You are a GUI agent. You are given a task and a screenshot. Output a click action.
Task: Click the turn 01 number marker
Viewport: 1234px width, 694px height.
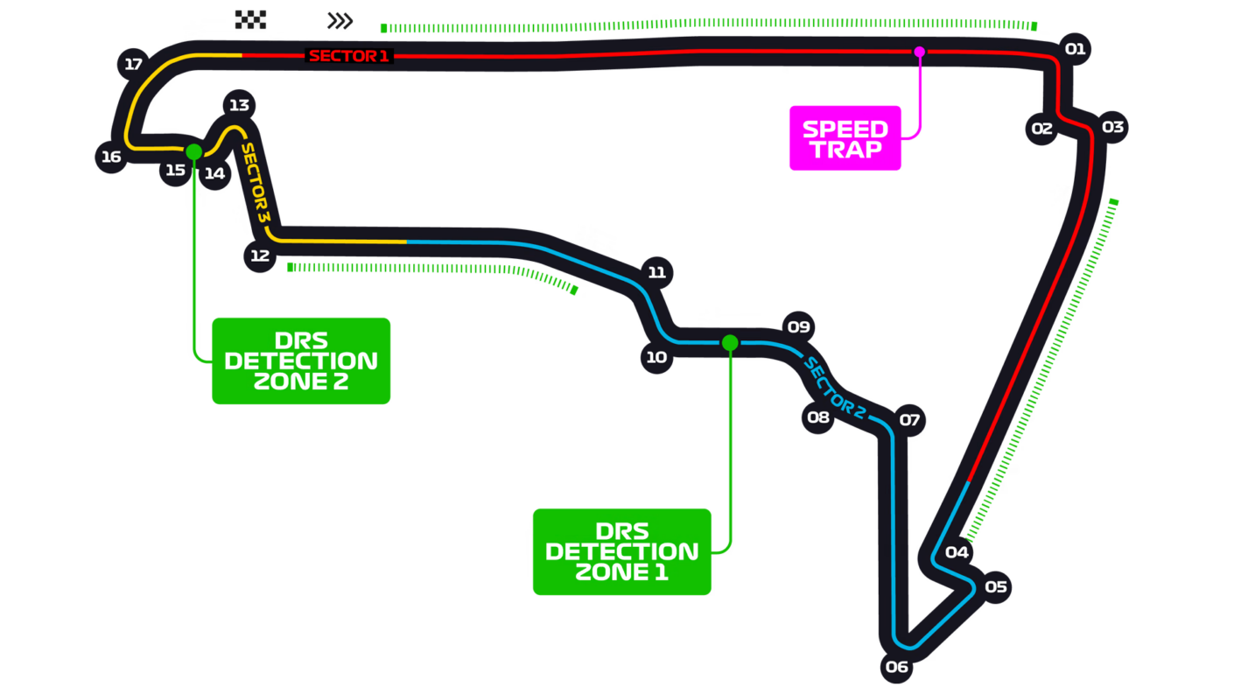[x=1075, y=49]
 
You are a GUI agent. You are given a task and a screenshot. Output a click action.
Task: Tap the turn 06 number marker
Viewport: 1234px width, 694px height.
[x=897, y=667]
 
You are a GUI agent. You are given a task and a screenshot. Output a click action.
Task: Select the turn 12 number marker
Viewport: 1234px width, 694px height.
[x=260, y=256]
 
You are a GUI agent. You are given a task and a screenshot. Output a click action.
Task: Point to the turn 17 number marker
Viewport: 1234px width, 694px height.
[x=133, y=65]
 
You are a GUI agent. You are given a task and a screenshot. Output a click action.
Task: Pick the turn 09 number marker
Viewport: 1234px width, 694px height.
[x=798, y=327]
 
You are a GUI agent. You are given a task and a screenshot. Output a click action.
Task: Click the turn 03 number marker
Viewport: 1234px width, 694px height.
[x=1112, y=128]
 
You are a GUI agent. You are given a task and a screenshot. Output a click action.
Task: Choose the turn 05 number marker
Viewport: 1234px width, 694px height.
[x=996, y=587]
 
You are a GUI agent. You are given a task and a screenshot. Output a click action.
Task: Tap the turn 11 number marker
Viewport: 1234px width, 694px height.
[x=656, y=273]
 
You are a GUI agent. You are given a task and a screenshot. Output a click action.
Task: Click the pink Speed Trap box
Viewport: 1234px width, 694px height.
[x=845, y=138]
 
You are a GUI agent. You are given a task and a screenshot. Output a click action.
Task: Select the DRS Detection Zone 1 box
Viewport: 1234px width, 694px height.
[x=621, y=551]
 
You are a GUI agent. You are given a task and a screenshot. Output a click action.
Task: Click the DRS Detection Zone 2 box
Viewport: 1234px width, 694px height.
[x=301, y=361]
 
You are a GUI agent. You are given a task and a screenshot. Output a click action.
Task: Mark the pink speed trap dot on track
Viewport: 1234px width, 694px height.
[x=919, y=52]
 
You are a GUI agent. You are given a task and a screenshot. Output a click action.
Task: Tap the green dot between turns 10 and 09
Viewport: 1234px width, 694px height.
[x=730, y=342]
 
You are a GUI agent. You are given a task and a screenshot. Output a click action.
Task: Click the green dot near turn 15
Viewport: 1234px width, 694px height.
[x=194, y=151]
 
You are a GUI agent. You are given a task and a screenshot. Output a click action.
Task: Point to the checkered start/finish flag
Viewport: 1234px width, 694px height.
[x=250, y=21]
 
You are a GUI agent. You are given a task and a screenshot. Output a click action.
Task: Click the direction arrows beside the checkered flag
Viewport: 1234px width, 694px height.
[x=340, y=21]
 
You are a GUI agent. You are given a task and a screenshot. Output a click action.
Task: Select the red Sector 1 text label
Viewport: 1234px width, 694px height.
[x=348, y=56]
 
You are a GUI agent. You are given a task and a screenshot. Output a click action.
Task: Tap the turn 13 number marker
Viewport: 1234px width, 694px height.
[x=239, y=106]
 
